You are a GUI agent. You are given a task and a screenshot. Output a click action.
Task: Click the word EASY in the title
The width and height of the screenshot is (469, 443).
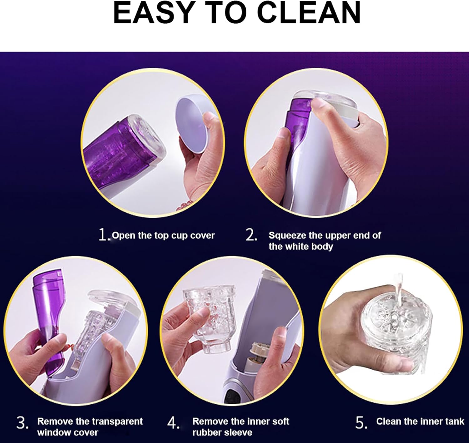(153, 13)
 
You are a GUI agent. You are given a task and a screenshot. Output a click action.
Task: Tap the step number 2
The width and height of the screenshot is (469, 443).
(251, 235)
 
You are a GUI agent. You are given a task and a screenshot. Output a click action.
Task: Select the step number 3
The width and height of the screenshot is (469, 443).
(23, 422)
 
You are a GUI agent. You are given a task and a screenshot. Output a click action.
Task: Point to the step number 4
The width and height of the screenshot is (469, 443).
(173, 423)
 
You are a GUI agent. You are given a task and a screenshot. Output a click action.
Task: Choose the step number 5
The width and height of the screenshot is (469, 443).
(361, 423)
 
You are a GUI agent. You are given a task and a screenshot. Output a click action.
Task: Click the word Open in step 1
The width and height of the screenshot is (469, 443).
(124, 236)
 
